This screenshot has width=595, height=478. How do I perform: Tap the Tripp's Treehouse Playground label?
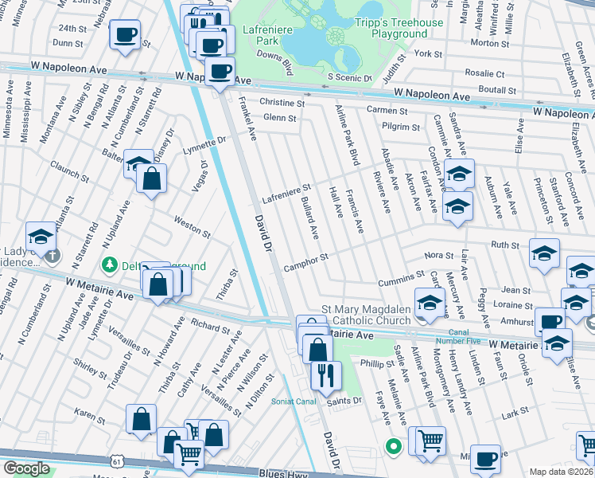(399, 28)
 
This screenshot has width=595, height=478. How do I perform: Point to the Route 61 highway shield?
(118, 461)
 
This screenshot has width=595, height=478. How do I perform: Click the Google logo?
(25, 468)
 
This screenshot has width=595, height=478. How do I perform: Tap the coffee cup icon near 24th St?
(125, 35)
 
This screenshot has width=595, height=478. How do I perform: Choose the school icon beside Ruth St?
(544, 253)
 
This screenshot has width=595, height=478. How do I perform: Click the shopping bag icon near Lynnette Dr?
(151, 179)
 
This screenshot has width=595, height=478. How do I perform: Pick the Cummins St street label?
(402, 279)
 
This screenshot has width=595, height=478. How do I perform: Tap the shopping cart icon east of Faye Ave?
(431, 440)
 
